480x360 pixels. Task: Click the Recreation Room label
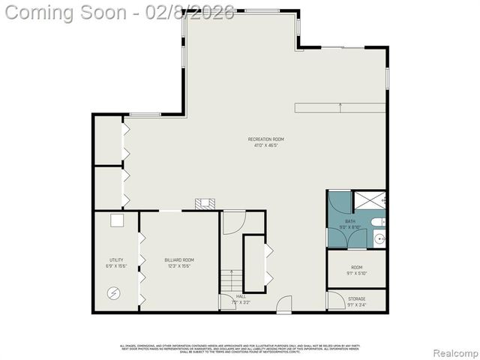pos(266,139)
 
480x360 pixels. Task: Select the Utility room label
pos(116,260)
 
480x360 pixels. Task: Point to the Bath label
pos(350,221)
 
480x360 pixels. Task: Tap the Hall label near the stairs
pos(241,296)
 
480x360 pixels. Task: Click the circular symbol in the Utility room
pos(115,293)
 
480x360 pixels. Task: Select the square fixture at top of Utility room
pos(116,220)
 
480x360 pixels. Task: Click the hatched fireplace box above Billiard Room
pos(203,202)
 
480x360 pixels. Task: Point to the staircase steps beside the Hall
pos(232,280)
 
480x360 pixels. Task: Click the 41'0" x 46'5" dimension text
pos(266,145)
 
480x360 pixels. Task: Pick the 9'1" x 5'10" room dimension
pos(357,273)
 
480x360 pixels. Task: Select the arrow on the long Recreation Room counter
pos(341,107)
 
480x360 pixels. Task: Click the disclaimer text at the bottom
pos(240,349)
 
